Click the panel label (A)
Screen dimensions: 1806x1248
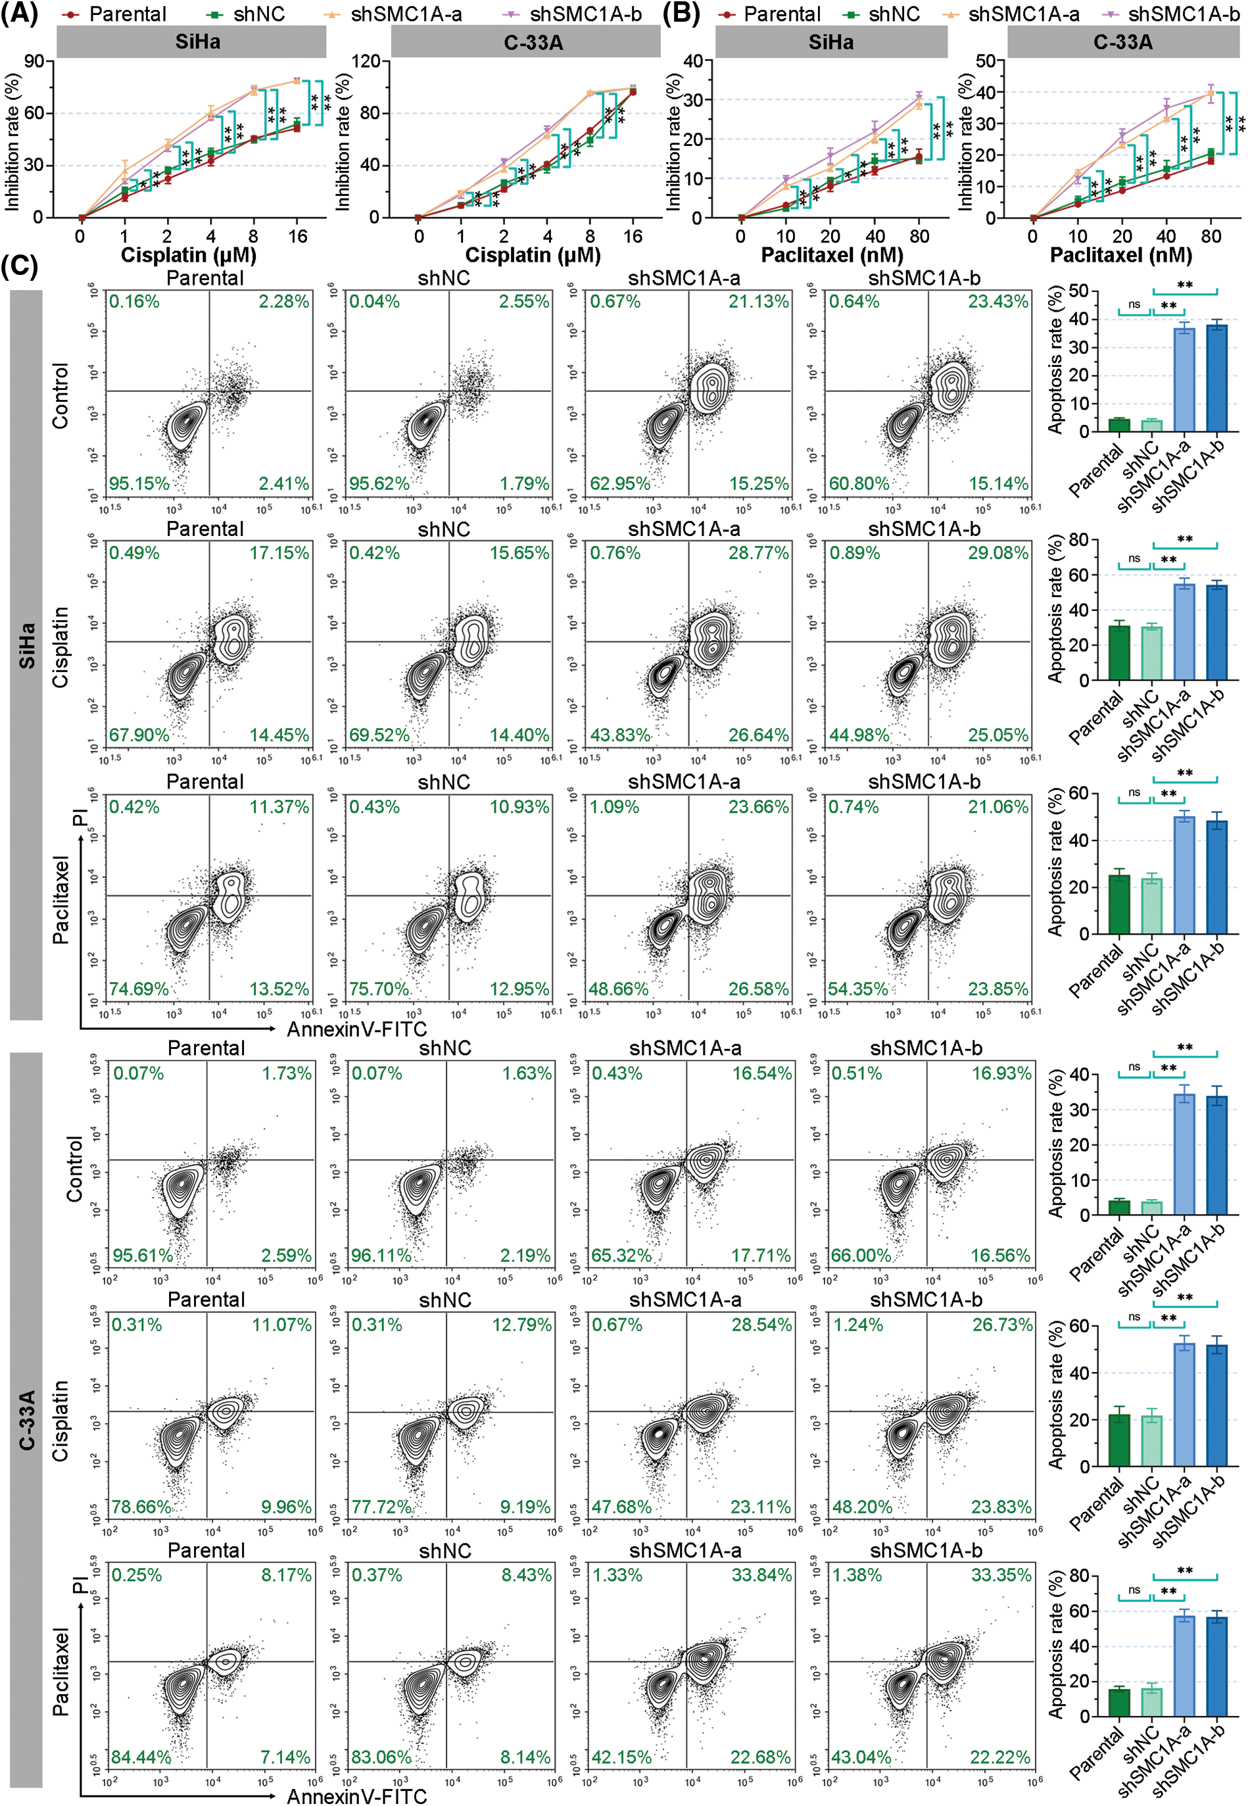20,14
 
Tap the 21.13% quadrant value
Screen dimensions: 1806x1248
759,302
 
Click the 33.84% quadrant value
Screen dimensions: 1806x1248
761,1574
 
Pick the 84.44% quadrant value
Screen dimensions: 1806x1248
141,1757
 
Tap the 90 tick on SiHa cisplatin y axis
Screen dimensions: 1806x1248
34,61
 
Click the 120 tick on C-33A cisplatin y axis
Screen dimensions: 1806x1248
366,61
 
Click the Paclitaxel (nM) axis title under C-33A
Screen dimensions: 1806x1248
1120,255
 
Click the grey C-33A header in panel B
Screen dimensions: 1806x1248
1122,42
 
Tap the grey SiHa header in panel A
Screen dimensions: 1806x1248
191,41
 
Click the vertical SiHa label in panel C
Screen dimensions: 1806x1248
26,645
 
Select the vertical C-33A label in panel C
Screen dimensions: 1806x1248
26,1420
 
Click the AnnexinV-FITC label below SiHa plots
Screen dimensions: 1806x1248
356,1029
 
